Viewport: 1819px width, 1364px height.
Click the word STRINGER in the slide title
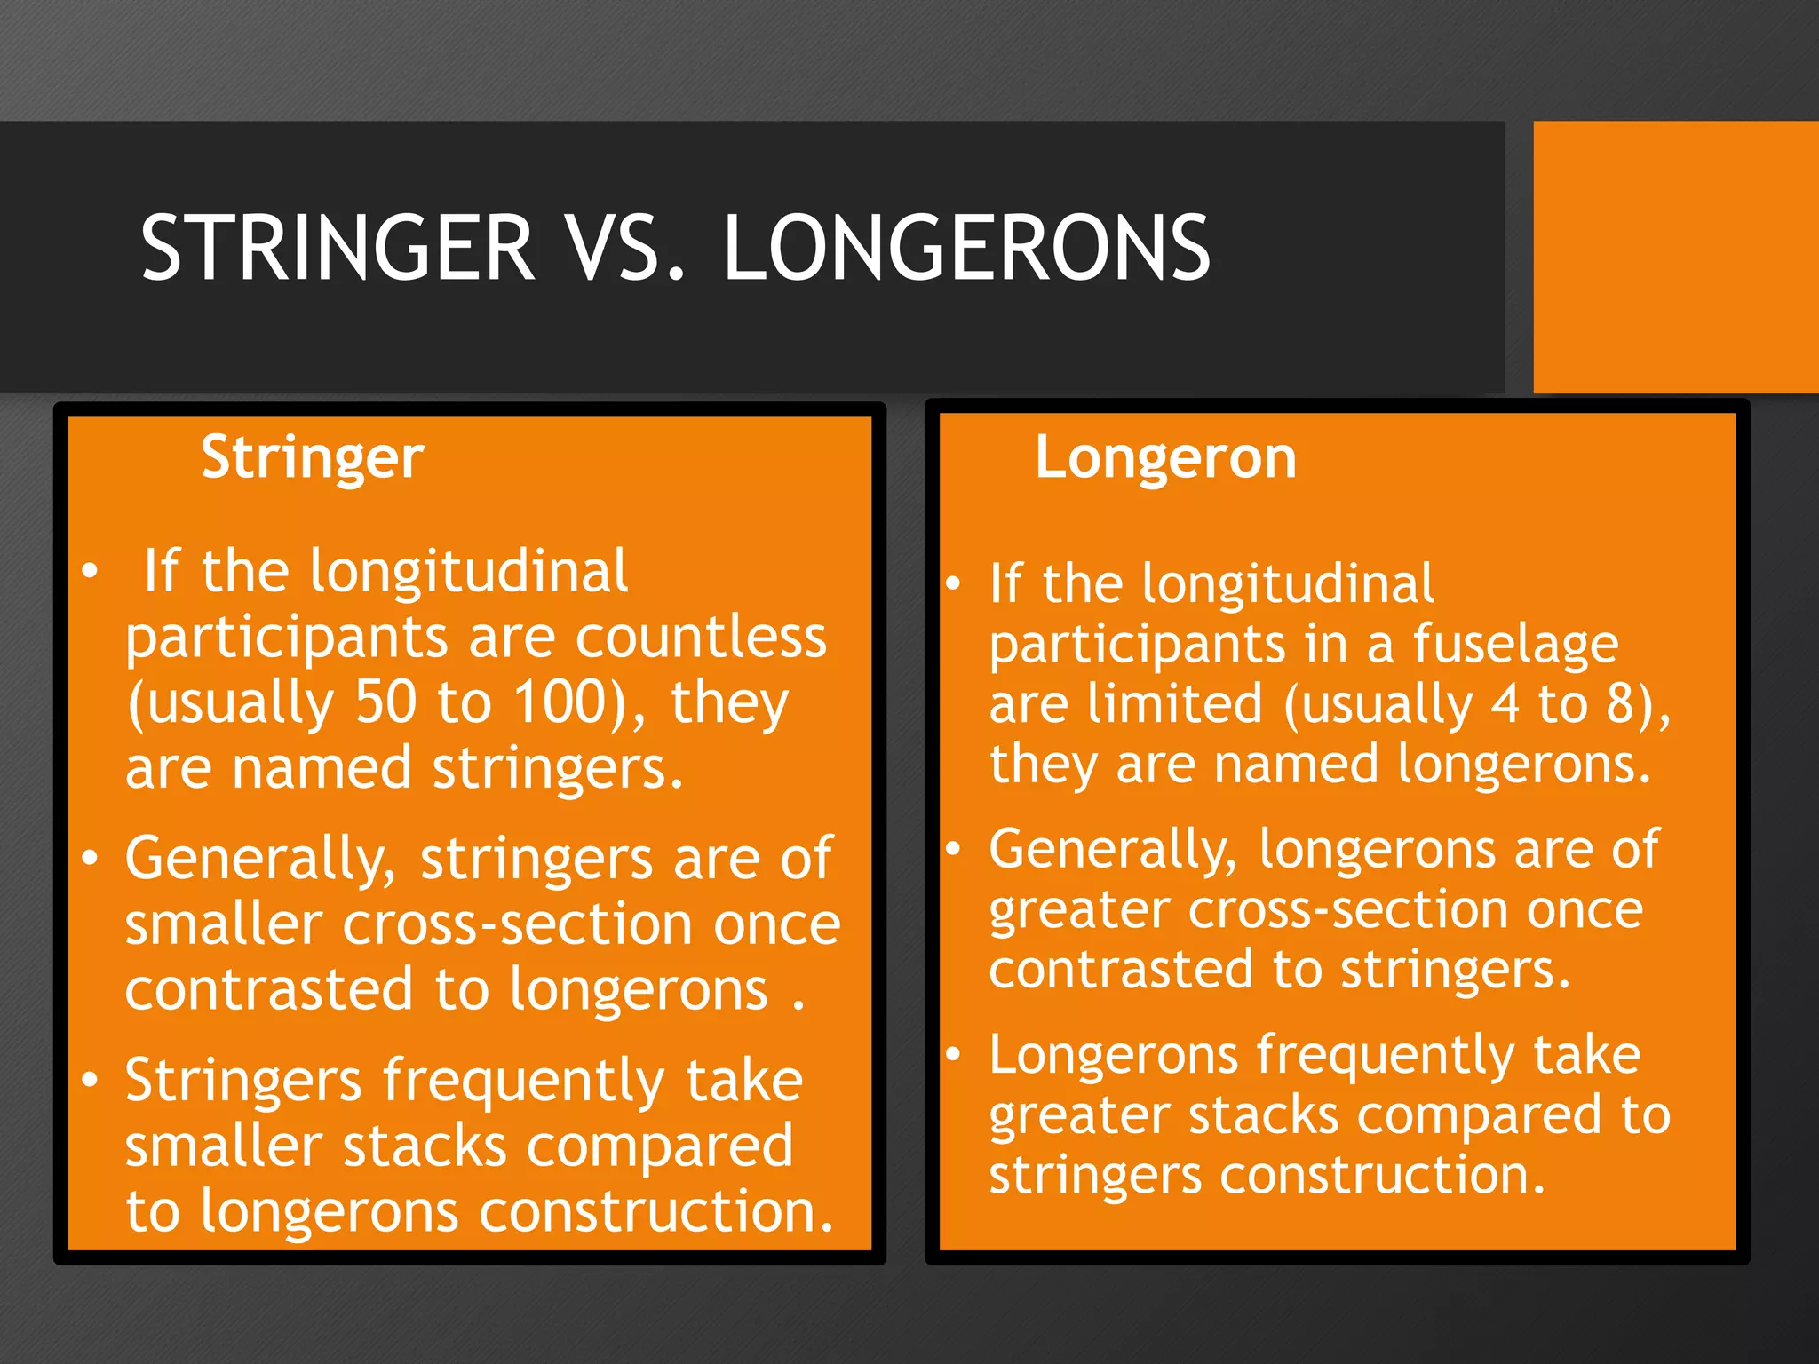pyautogui.click(x=338, y=248)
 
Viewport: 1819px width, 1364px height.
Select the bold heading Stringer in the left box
pyautogui.click(x=313, y=459)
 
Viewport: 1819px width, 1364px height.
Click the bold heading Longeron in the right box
pyautogui.click(x=1165, y=459)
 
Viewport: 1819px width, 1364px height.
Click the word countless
pyautogui.click(x=701, y=638)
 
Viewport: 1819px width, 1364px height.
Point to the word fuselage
pyautogui.click(x=1515, y=645)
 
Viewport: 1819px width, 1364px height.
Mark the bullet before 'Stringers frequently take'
pyautogui.click(x=90, y=1080)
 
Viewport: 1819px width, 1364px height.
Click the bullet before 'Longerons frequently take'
pyautogui.click(x=953, y=1054)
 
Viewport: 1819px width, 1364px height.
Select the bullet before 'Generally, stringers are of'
pyautogui.click(x=90, y=858)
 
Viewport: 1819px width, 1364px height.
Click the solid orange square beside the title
pyautogui.click(x=1676, y=257)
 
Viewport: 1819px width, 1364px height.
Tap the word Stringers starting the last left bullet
pyautogui.click(x=242, y=1082)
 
